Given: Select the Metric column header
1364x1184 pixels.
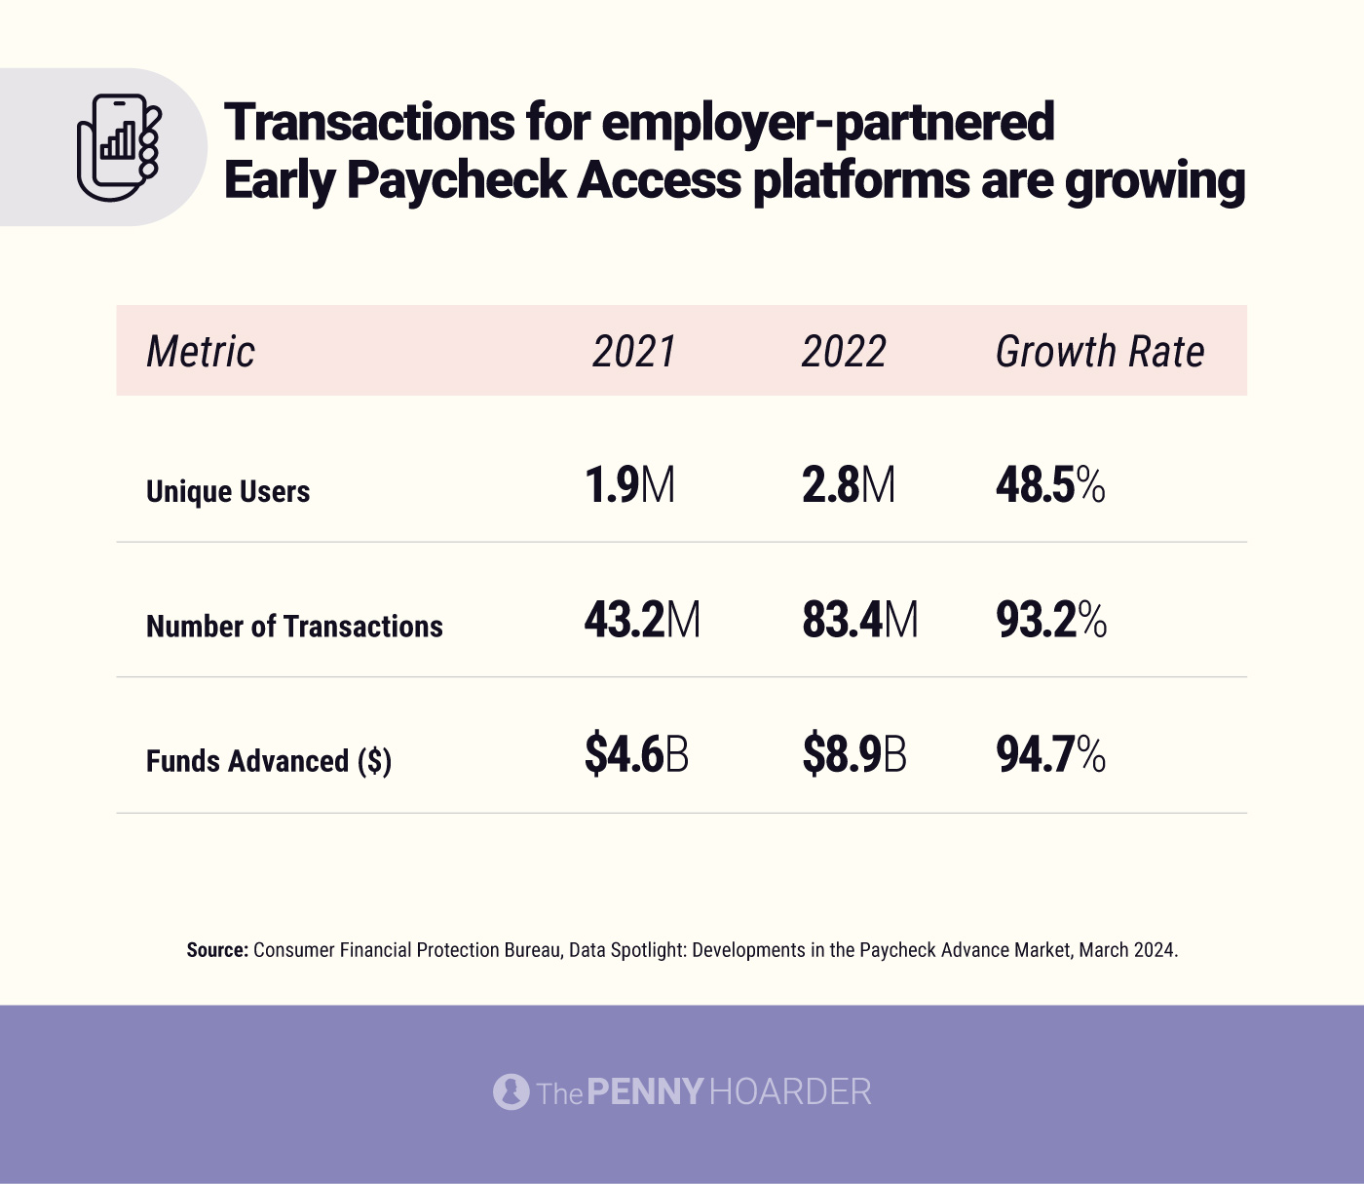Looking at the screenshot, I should pos(201,352).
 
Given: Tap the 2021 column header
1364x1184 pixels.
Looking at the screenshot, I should pos(634,352).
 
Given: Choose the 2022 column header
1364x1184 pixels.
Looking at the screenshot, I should pos(844,352).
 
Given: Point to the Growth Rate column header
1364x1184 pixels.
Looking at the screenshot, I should pos(1100,352).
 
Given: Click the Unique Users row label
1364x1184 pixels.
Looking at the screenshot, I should pos(228,491).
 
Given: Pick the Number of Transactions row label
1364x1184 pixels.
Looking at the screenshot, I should pos(294,626).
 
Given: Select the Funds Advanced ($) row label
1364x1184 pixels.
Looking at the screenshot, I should pos(269,761).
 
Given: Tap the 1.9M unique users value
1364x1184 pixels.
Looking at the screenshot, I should pos(629,485).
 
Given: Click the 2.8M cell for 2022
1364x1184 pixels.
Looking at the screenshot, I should pos(849,485).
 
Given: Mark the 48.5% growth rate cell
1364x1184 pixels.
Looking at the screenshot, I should pos(1050,485).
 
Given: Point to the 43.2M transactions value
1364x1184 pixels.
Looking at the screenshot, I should pos(642,620).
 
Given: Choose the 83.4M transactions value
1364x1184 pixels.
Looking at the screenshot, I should pos(860,620).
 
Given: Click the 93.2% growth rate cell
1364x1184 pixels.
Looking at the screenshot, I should pos(1051,620).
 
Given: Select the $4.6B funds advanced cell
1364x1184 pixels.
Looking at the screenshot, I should pos(636,755).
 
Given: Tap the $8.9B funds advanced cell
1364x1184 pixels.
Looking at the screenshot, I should pos(854,755).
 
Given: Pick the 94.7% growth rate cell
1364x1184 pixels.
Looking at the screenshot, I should pos(1050,755).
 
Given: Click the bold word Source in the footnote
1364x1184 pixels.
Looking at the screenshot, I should pos(217,950).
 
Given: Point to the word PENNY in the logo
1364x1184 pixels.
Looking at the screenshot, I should pos(644,1091).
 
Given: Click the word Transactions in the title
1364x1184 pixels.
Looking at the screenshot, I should pos(369,123).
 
